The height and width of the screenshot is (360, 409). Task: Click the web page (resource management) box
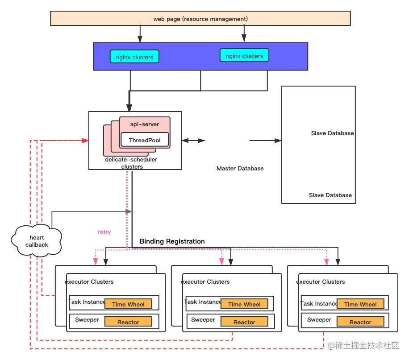tap(200, 18)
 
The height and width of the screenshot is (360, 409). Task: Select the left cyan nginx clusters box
tap(134, 57)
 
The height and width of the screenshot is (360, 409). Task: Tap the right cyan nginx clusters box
tap(244, 55)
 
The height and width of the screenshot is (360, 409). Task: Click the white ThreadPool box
tap(145, 140)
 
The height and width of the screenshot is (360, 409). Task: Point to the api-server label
tap(145, 124)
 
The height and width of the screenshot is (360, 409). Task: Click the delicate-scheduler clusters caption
tap(131, 163)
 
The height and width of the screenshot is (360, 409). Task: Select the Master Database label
tap(240, 168)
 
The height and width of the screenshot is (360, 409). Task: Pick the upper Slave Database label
tap(332, 133)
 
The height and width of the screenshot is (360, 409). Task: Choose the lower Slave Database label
tap(330, 195)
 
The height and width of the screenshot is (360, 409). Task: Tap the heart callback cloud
tap(37, 240)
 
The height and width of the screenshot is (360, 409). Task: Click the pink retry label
tap(104, 232)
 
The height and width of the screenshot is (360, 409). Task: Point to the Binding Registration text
tap(172, 241)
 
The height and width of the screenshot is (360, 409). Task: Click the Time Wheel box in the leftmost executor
tap(128, 304)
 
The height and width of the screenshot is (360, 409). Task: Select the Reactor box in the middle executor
tap(244, 322)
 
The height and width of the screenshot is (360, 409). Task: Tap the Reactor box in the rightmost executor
tap(360, 322)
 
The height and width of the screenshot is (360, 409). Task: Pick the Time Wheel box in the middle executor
tap(244, 304)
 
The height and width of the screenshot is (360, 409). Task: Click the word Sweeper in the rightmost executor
tap(319, 320)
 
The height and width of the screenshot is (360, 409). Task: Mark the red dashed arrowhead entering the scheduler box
tap(85, 141)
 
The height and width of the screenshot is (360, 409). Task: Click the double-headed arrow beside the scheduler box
tap(193, 141)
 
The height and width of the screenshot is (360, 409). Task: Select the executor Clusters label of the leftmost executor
tap(89, 282)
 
